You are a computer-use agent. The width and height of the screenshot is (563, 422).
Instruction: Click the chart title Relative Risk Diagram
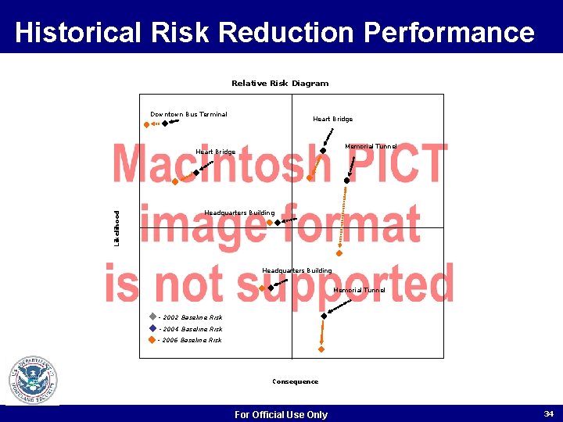pos(280,84)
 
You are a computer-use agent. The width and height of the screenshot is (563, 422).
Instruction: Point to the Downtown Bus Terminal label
pos(188,115)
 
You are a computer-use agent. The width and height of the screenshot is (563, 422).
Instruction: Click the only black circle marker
pos(347,180)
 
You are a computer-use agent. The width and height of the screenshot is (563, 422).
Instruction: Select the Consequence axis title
pos(295,382)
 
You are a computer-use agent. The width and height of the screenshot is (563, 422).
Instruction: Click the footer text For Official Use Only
pos(281,415)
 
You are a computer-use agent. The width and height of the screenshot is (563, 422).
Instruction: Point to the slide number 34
pos(548,413)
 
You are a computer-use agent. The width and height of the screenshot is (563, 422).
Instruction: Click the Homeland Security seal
pos(33,380)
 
